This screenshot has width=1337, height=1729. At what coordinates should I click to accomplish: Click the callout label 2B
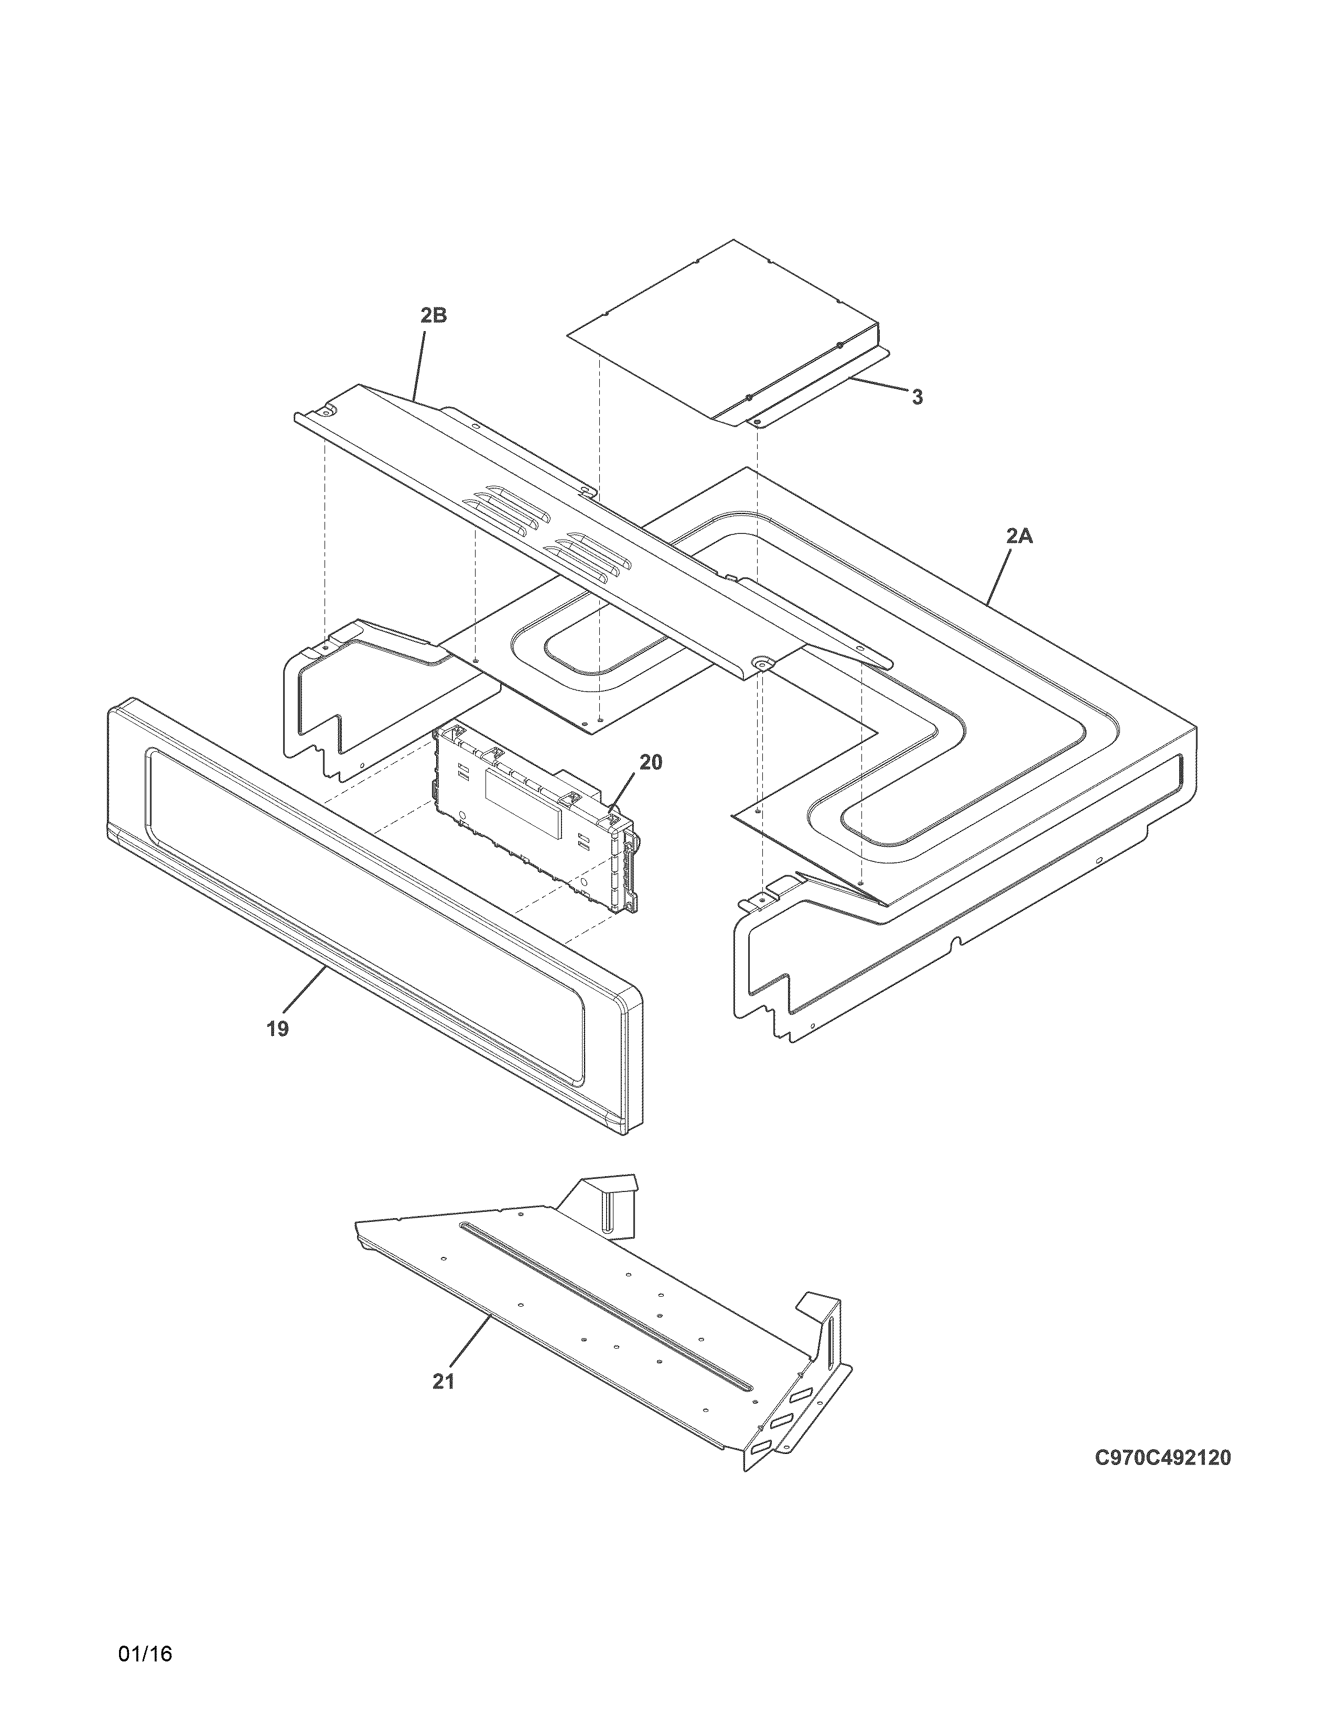click(x=433, y=315)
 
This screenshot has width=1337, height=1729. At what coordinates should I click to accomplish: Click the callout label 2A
click(x=1019, y=536)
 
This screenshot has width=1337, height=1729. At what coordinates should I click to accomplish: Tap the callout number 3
click(x=917, y=398)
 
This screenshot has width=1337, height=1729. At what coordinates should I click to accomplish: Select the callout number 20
click(x=650, y=762)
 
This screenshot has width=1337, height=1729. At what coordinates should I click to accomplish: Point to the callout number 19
click(x=277, y=1028)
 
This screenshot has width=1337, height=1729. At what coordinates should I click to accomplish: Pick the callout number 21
click(x=444, y=1382)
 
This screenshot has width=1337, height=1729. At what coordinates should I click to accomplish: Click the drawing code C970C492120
click(x=1163, y=1458)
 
